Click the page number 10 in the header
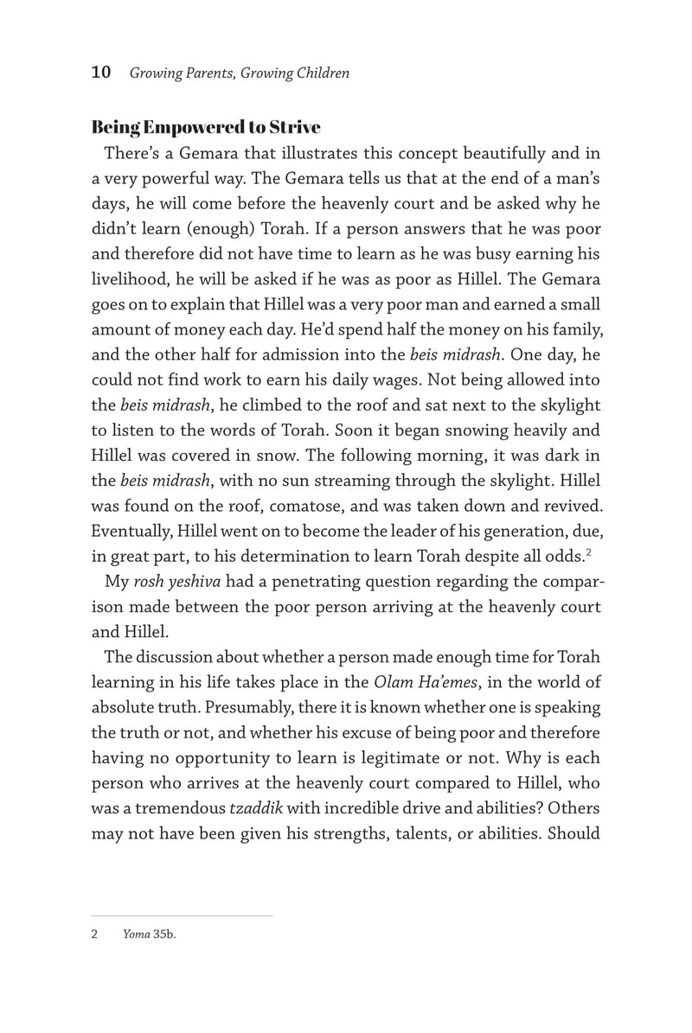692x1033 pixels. point(100,73)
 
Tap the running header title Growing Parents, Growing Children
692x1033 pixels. point(240,73)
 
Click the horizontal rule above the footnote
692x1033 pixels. point(182,915)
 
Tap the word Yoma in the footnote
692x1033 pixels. point(137,934)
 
